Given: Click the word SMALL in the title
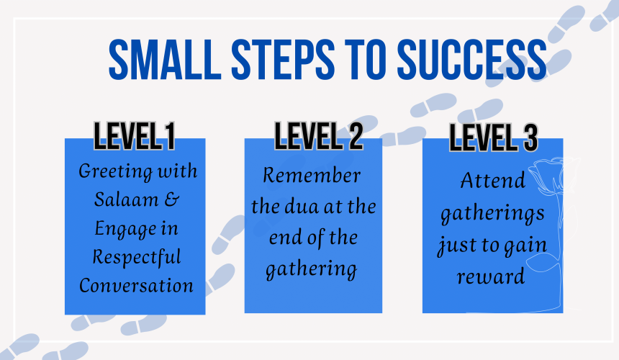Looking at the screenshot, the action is click(x=165, y=59).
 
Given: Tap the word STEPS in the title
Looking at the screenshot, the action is click(x=283, y=59).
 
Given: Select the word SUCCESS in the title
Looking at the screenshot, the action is click(x=471, y=59).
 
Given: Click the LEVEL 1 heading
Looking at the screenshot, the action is click(x=134, y=136).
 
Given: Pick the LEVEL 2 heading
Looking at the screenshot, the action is click(x=319, y=136).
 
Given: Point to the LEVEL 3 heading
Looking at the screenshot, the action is click(x=494, y=138).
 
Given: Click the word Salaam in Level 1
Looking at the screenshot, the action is click(x=127, y=199).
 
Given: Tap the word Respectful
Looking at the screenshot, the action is click(x=137, y=257).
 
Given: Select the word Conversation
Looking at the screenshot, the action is click(x=136, y=285).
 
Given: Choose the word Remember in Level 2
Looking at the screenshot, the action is click(x=312, y=175).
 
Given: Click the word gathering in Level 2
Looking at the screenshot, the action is click(x=312, y=269).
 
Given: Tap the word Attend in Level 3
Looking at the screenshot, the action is click(x=492, y=181).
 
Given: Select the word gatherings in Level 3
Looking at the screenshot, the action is click(x=492, y=214).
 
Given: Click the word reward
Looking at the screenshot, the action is click(x=491, y=276).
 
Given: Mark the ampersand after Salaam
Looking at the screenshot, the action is click(x=172, y=199).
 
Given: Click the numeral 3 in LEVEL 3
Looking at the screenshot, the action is click(x=530, y=138).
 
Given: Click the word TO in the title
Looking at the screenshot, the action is click(x=366, y=59).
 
